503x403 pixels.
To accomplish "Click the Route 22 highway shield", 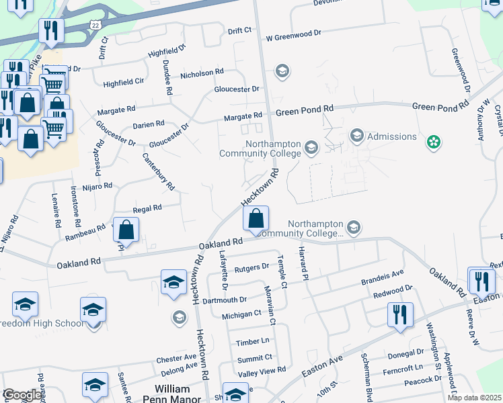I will click(x=96, y=24).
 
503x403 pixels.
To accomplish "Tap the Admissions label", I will click(x=392, y=136).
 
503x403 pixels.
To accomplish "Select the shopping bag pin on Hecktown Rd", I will click(x=256, y=219).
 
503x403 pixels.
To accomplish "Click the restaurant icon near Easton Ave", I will click(x=400, y=314).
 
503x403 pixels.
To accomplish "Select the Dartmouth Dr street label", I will click(x=224, y=299).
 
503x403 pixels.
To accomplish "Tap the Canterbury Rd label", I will click(x=159, y=171).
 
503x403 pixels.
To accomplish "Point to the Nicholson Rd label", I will click(x=202, y=73).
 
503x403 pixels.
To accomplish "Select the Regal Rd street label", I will click(x=147, y=209).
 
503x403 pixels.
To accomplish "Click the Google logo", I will click(x=22, y=395).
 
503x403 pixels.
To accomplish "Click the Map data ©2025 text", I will click(x=473, y=398).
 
